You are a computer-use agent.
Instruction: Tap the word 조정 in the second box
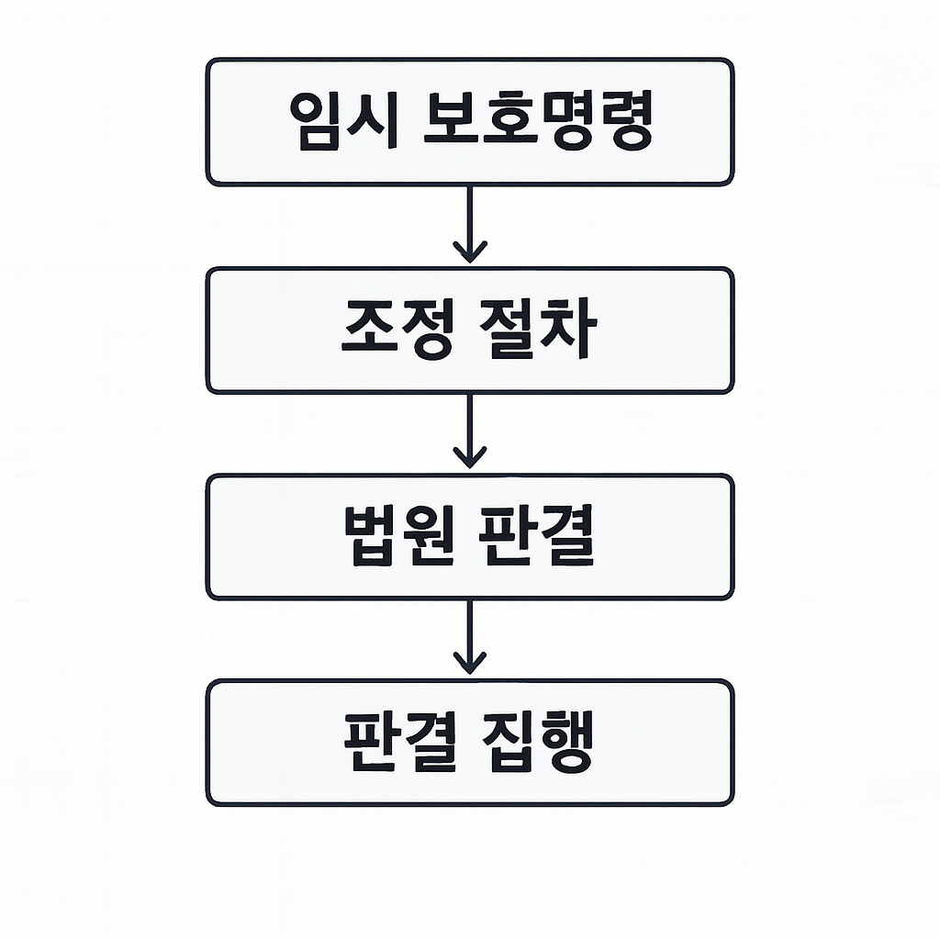396,330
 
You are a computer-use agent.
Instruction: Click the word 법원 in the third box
397,537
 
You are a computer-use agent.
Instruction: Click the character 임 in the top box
315,122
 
